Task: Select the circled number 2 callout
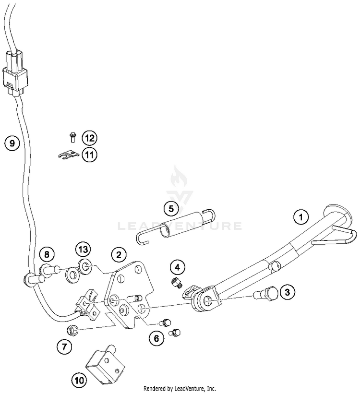[x=118, y=255]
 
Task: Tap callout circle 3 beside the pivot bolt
[x=287, y=291]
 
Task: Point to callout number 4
[x=177, y=267]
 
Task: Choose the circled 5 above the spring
[x=170, y=209]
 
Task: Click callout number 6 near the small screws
[x=156, y=338]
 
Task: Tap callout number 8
[x=47, y=254]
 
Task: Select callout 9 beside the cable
[x=12, y=143]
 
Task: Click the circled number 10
[x=79, y=381]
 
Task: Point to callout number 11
[x=89, y=155]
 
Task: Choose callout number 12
[x=89, y=138]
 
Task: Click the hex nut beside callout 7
[x=73, y=330]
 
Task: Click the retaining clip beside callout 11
[x=68, y=156]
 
